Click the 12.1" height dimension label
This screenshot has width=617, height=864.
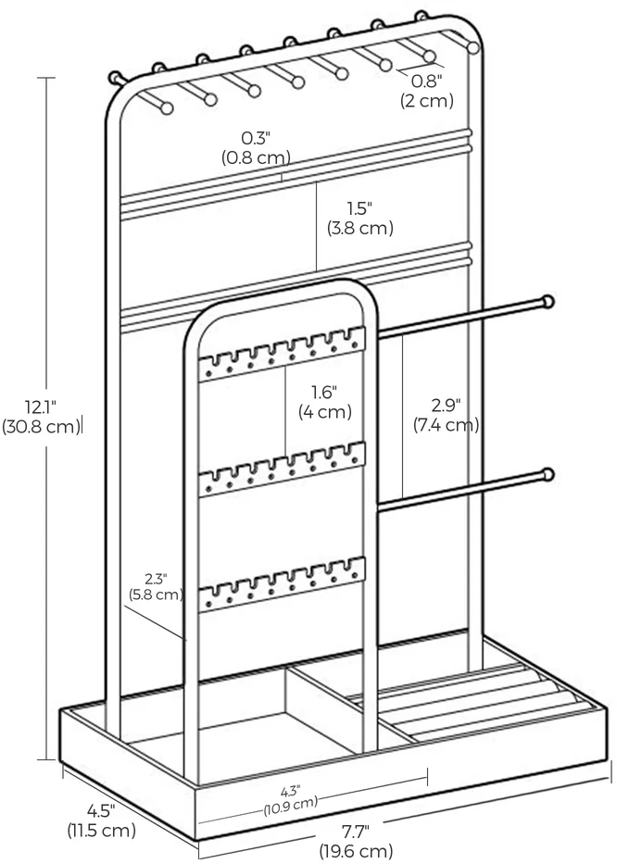(x=41, y=407)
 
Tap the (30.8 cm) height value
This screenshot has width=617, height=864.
(x=42, y=427)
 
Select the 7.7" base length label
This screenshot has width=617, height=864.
(x=356, y=830)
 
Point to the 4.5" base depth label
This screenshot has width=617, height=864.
(x=101, y=810)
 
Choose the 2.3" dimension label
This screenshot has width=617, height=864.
(x=156, y=579)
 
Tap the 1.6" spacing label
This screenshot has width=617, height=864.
(x=325, y=393)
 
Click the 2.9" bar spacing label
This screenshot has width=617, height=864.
(x=446, y=406)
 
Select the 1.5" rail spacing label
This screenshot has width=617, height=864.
(x=359, y=208)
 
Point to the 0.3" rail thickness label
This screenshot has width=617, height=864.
(x=256, y=138)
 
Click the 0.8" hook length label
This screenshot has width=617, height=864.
(x=427, y=81)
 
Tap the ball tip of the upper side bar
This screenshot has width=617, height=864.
(x=548, y=301)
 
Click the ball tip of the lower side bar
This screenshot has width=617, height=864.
(x=548, y=474)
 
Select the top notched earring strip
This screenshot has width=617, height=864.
(x=283, y=354)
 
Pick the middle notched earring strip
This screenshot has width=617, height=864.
(x=283, y=469)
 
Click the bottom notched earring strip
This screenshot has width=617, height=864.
(x=283, y=584)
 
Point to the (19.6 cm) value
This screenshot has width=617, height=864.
(x=356, y=850)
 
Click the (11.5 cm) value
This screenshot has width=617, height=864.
(x=102, y=831)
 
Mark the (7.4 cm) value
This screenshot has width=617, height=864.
(x=446, y=425)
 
